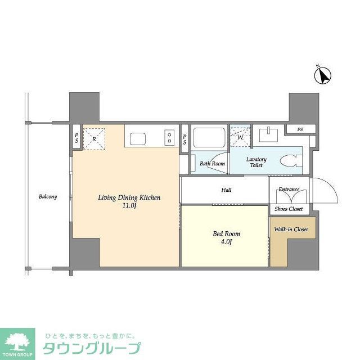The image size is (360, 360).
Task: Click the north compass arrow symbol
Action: [x=323, y=75]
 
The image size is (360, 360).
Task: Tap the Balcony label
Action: [x=48, y=197]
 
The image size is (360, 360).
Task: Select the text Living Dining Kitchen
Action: [x=129, y=197]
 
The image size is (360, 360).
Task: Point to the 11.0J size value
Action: [x=129, y=206]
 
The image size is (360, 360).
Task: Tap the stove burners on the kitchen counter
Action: [x=169, y=137]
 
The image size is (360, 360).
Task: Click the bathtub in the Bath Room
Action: [x=209, y=138]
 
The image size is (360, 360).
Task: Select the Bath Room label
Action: [x=213, y=164]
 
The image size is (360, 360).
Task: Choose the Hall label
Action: [x=226, y=190]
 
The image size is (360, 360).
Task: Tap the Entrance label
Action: [x=289, y=190]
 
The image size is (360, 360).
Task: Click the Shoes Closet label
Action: [x=289, y=209]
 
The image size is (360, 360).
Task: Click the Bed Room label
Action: [x=226, y=233]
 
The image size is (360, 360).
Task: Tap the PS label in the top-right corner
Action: [x=300, y=129]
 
